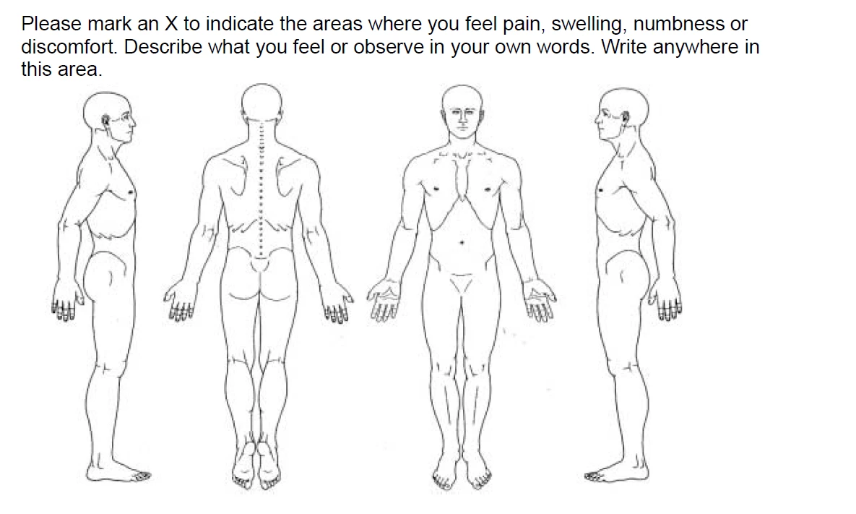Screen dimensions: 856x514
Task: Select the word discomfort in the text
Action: [69, 47]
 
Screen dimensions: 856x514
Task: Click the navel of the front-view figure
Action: [462, 242]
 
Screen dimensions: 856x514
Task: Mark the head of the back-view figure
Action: [262, 102]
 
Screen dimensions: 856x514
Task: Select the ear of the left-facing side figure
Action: [624, 116]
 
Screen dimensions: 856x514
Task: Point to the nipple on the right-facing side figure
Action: [130, 192]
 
